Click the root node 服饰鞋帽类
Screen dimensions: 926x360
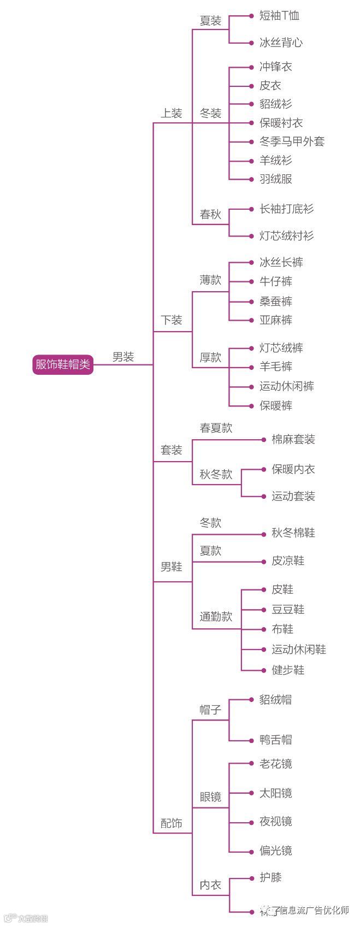63,364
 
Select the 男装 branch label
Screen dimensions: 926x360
123,357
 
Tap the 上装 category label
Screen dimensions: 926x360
171,114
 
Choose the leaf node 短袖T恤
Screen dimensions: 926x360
279,16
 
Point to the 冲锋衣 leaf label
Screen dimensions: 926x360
276,67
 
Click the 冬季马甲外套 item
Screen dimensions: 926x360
292,141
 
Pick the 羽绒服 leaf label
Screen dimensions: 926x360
276,179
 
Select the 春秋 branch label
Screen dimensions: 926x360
210,215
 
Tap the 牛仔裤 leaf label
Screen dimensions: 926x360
276,281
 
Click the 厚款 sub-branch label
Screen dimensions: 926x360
210,357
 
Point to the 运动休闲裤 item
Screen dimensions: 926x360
287,386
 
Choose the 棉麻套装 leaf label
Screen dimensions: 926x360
293,439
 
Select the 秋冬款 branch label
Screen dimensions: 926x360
216,474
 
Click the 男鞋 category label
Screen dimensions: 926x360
171,567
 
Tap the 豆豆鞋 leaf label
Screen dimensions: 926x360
288,610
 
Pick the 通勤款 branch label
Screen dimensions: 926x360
216,617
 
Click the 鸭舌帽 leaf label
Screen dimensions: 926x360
276,740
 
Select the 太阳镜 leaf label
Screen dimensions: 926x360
276,793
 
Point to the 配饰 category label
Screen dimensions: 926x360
171,823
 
